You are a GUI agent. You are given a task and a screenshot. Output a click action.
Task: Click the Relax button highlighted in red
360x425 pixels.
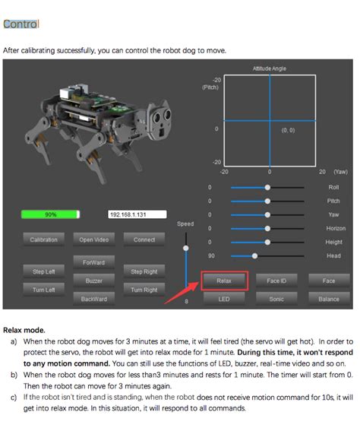(x=224, y=281)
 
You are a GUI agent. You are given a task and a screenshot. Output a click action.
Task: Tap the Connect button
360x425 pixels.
(x=144, y=239)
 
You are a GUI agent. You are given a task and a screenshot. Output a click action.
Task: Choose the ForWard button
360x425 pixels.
(x=89, y=262)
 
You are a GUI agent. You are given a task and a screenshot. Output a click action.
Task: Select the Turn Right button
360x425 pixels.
(x=144, y=290)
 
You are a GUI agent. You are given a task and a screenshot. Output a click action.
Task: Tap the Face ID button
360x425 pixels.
(x=276, y=281)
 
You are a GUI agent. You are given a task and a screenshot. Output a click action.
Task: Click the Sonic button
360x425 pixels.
(x=276, y=299)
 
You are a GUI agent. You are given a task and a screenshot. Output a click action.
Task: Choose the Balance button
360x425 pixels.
(x=328, y=299)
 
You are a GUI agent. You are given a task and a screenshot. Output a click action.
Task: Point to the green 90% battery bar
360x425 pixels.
(x=51, y=214)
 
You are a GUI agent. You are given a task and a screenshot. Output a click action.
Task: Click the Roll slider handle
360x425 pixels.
(x=267, y=187)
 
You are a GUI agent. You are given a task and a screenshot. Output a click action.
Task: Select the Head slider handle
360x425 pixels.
(x=254, y=255)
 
